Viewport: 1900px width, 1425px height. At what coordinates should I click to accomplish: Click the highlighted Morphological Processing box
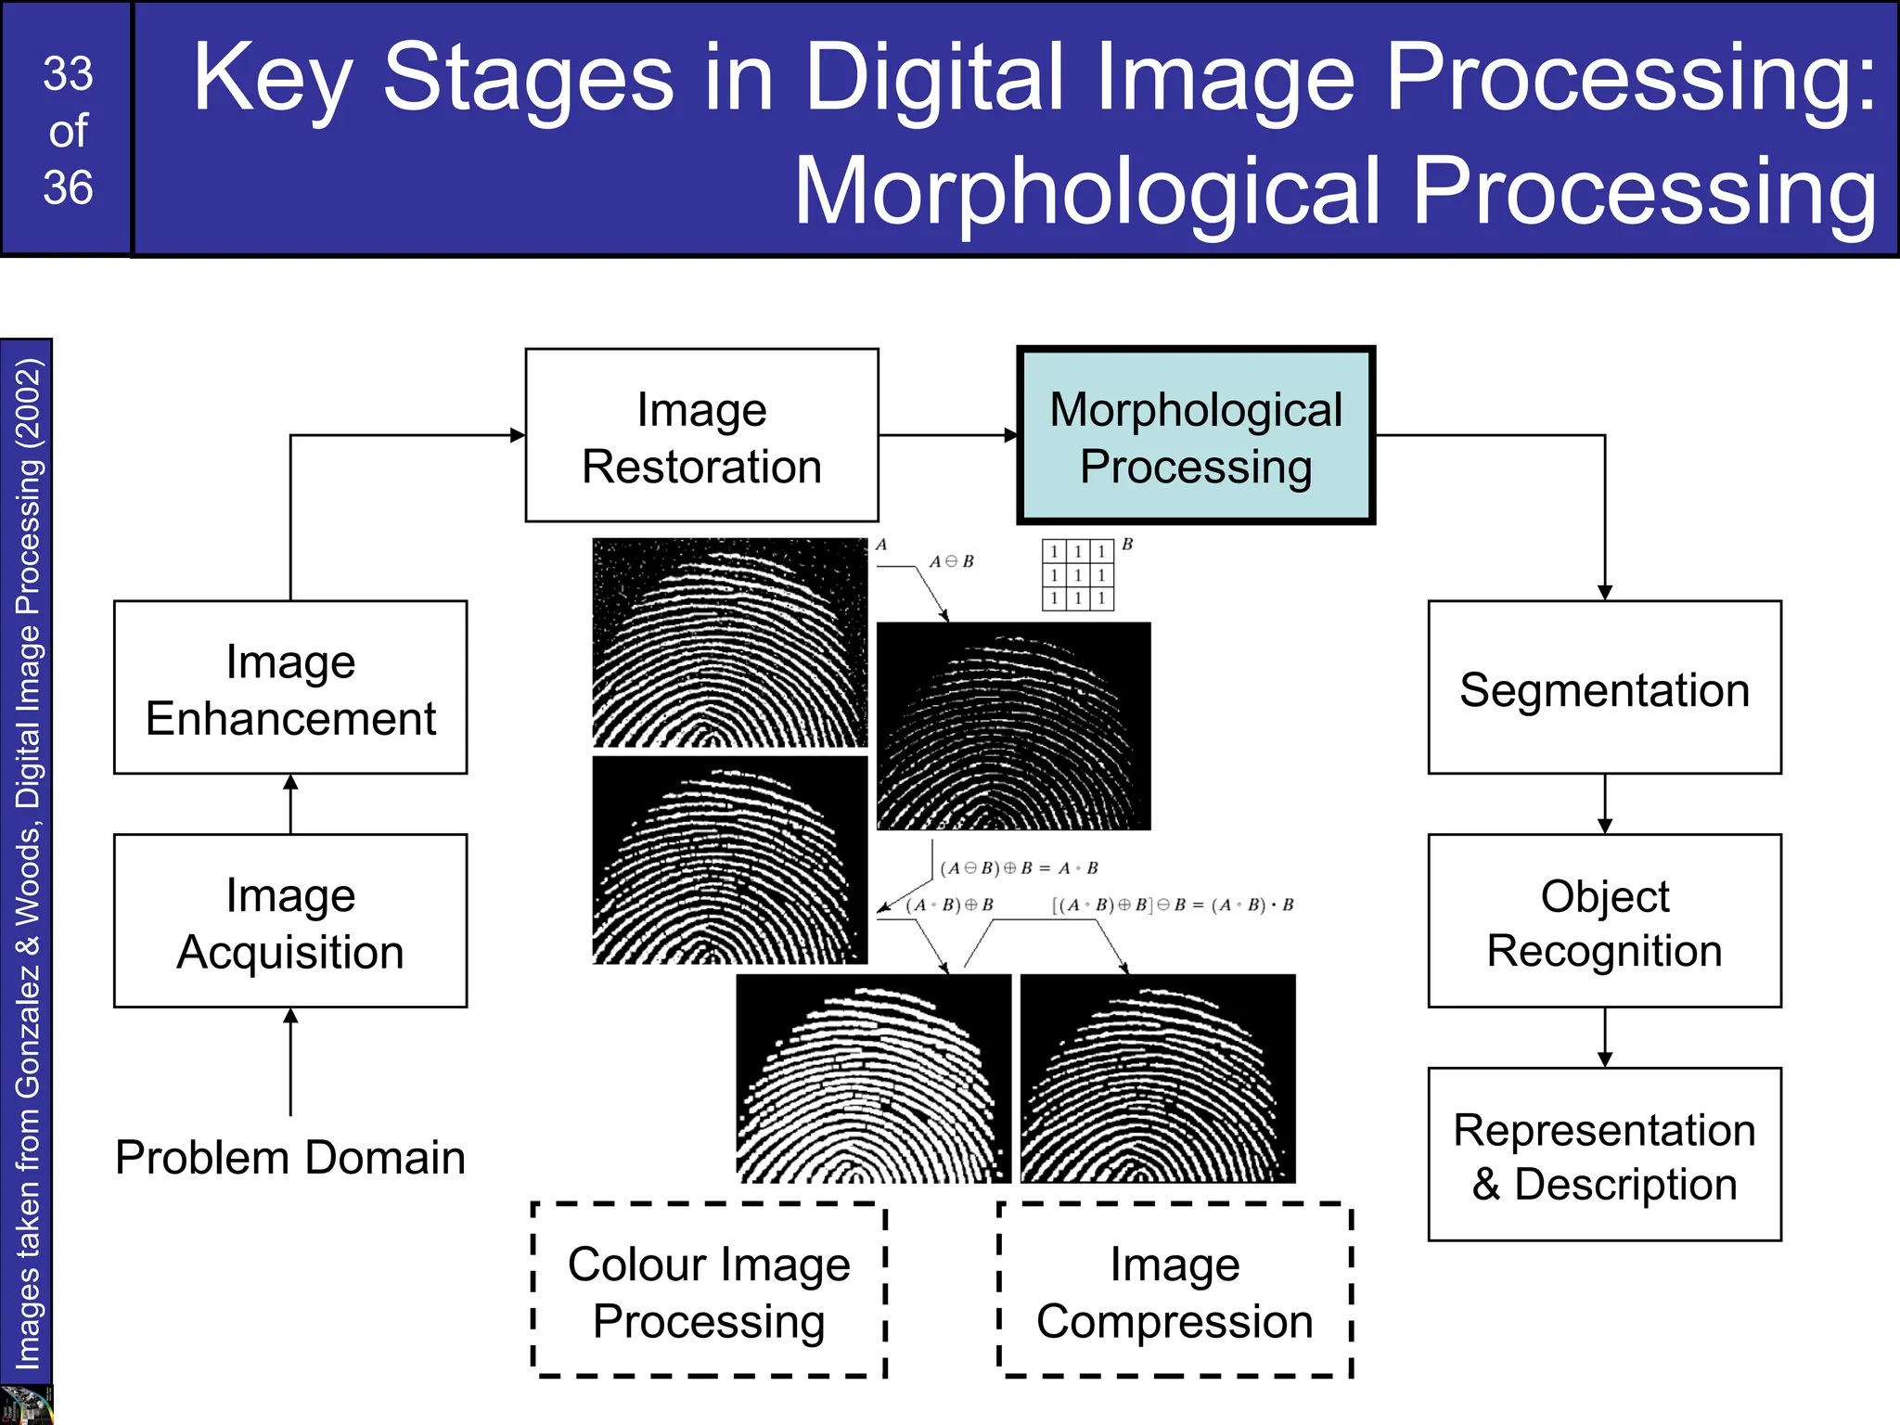(x=1196, y=436)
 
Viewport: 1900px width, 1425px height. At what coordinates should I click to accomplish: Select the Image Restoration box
(x=701, y=436)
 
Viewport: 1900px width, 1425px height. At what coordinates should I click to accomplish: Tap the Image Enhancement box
(x=290, y=687)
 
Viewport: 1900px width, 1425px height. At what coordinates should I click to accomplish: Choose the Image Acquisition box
(x=290, y=921)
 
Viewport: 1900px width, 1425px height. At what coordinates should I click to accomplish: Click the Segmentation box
(x=1604, y=687)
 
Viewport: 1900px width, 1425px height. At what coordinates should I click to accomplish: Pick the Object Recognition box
(x=1604, y=921)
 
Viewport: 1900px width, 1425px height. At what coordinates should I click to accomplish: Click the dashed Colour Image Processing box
(x=709, y=1290)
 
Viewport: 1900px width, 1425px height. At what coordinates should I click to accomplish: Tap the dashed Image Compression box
(x=1175, y=1290)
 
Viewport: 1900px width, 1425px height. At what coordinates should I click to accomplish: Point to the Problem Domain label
(x=290, y=1157)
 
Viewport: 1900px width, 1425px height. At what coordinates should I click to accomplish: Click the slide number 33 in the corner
(x=68, y=74)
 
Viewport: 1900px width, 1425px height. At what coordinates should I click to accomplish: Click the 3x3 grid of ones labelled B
(x=1077, y=575)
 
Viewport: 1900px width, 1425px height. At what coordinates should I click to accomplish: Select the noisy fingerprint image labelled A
(x=730, y=642)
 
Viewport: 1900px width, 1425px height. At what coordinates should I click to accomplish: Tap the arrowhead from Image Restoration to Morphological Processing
(x=1011, y=435)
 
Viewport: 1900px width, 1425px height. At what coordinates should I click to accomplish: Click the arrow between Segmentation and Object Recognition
(x=1605, y=803)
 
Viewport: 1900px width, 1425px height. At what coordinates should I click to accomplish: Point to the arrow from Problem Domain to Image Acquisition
(x=290, y=1061)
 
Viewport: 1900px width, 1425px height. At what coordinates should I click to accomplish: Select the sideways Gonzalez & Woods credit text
(x=28, y=863)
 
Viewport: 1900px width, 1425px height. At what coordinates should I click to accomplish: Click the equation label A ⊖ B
(x=951, y=561)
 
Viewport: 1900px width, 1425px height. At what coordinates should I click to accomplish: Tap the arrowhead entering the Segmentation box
(x=1605, y=593)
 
